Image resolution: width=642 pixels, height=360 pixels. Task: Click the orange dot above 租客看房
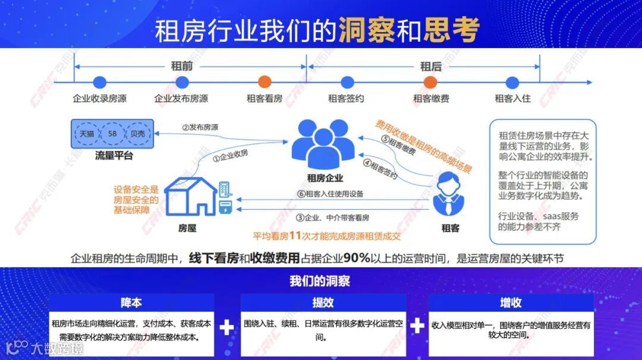(265, 83)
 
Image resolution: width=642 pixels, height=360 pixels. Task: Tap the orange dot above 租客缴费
(430, 83)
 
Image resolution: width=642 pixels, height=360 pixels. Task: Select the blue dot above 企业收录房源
(99, 83)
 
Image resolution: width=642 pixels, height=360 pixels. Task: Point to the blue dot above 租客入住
(512, 83)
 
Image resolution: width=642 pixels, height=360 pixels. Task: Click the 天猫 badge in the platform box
(87, 134)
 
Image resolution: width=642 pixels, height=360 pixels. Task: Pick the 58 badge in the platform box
(112, 134)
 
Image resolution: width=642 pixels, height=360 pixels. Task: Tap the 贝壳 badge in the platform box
(137, 134)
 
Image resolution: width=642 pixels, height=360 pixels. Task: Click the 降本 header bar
(131, 302)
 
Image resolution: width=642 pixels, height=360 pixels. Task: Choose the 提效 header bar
(323, 302)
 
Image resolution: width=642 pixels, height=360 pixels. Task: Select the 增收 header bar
(511, 302)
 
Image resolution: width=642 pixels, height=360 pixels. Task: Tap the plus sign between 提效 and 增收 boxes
(417, 326)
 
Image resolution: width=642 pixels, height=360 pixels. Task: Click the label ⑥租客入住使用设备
(331, 194)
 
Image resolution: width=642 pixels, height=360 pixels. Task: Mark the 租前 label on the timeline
(182, 66)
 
